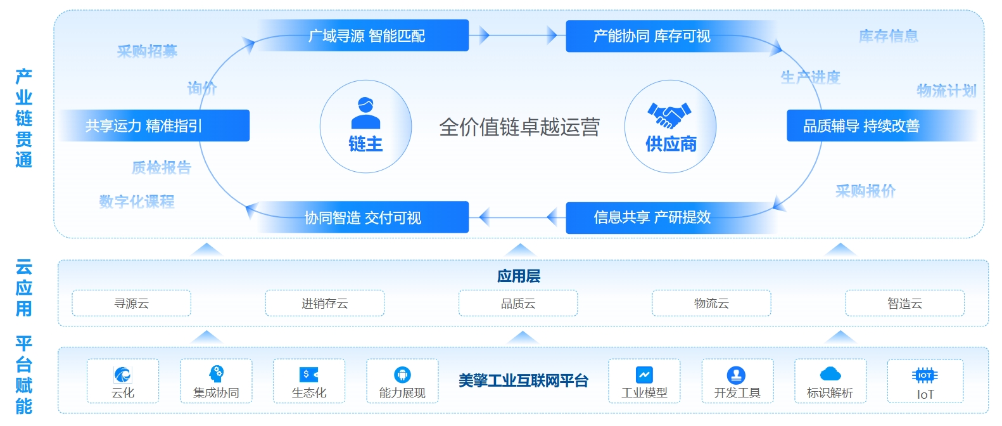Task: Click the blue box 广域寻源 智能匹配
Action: point(366,35)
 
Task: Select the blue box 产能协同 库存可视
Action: point(652,36)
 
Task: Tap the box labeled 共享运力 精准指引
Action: point(144,126)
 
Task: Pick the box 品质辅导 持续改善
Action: point(861,126)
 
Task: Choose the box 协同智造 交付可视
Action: point(363,217)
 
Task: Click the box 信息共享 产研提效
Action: point(652,217)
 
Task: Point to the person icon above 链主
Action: point(365,113)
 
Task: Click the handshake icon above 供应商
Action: point(669,115)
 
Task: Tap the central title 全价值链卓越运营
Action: point(519,127)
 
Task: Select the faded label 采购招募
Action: point(147,51)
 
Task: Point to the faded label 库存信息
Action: point(888,36)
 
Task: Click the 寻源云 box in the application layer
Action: point(131,303)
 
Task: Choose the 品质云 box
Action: point(518,303)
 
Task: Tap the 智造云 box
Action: point(904,303)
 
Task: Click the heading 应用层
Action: point(519,276)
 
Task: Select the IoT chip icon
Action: point(925,375)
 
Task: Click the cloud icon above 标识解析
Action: point(830,374)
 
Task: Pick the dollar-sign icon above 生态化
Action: point(308,374)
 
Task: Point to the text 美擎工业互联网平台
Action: point(523,380)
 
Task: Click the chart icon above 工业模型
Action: point(644,375)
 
